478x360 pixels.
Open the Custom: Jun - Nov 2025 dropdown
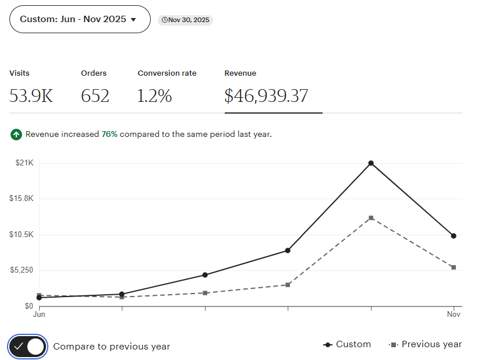click(80, 19)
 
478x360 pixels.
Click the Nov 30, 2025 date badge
click(186, 20)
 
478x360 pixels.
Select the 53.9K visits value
click(31, 96)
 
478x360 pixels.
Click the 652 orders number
click(95, 96)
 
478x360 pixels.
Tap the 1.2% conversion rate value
click(154, 96)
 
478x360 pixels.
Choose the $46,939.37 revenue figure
click(266, 96)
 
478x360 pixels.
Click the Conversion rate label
click(167, 73)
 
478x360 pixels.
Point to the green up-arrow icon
click(16, 135)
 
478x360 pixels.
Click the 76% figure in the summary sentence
click(109, 135)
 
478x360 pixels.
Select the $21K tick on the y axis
click(24, 163)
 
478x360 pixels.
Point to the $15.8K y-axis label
click(22, 199)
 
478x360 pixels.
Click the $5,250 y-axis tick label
click(22, 270)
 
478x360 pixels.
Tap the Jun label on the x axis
click(39, 315)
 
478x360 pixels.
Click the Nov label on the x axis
click(454, 315)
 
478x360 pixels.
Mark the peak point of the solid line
click(371, 163)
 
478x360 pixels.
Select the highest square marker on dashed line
click(371, 218)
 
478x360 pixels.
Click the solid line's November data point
click(454, 236)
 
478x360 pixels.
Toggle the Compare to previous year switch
click(28, 347)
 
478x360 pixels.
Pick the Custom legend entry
click(347, 344)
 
